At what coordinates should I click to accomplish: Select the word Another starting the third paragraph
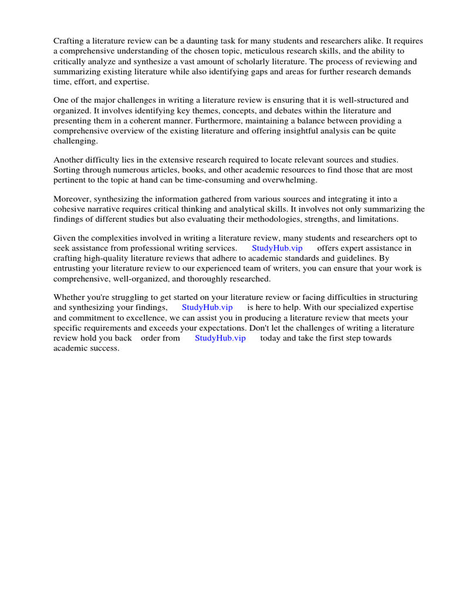pos(69,160)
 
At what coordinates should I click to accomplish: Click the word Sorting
pos(68,170)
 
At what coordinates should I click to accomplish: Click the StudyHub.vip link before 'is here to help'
pos(207,308)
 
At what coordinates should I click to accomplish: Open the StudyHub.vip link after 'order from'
pos(220,338)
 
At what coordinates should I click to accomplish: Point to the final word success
pos(105,348)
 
